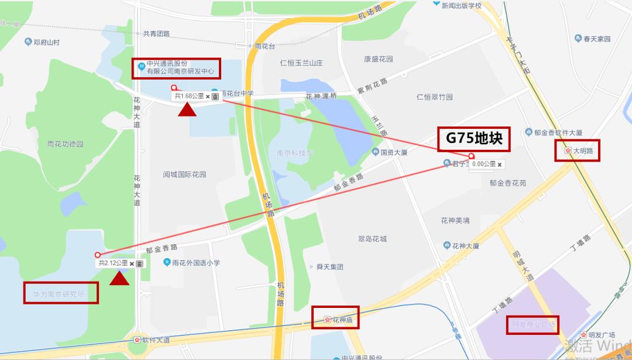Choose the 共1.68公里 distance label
click(x=189, y=95)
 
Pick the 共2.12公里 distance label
click(x=113, y=263)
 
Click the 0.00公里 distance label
click(x=484, y=164)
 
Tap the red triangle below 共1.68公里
click(x=188, y=110)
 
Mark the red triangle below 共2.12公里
click(x=119, y=279)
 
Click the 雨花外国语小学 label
click(x=196, y=263)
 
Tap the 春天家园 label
click(x=597, y=39)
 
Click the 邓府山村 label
click(x=47, y=42)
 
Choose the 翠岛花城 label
click(x=372, y=239)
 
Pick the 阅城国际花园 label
click(x=185, y=174)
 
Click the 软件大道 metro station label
click(x=155, y=340)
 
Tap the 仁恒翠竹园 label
click(x=435, y=97)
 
